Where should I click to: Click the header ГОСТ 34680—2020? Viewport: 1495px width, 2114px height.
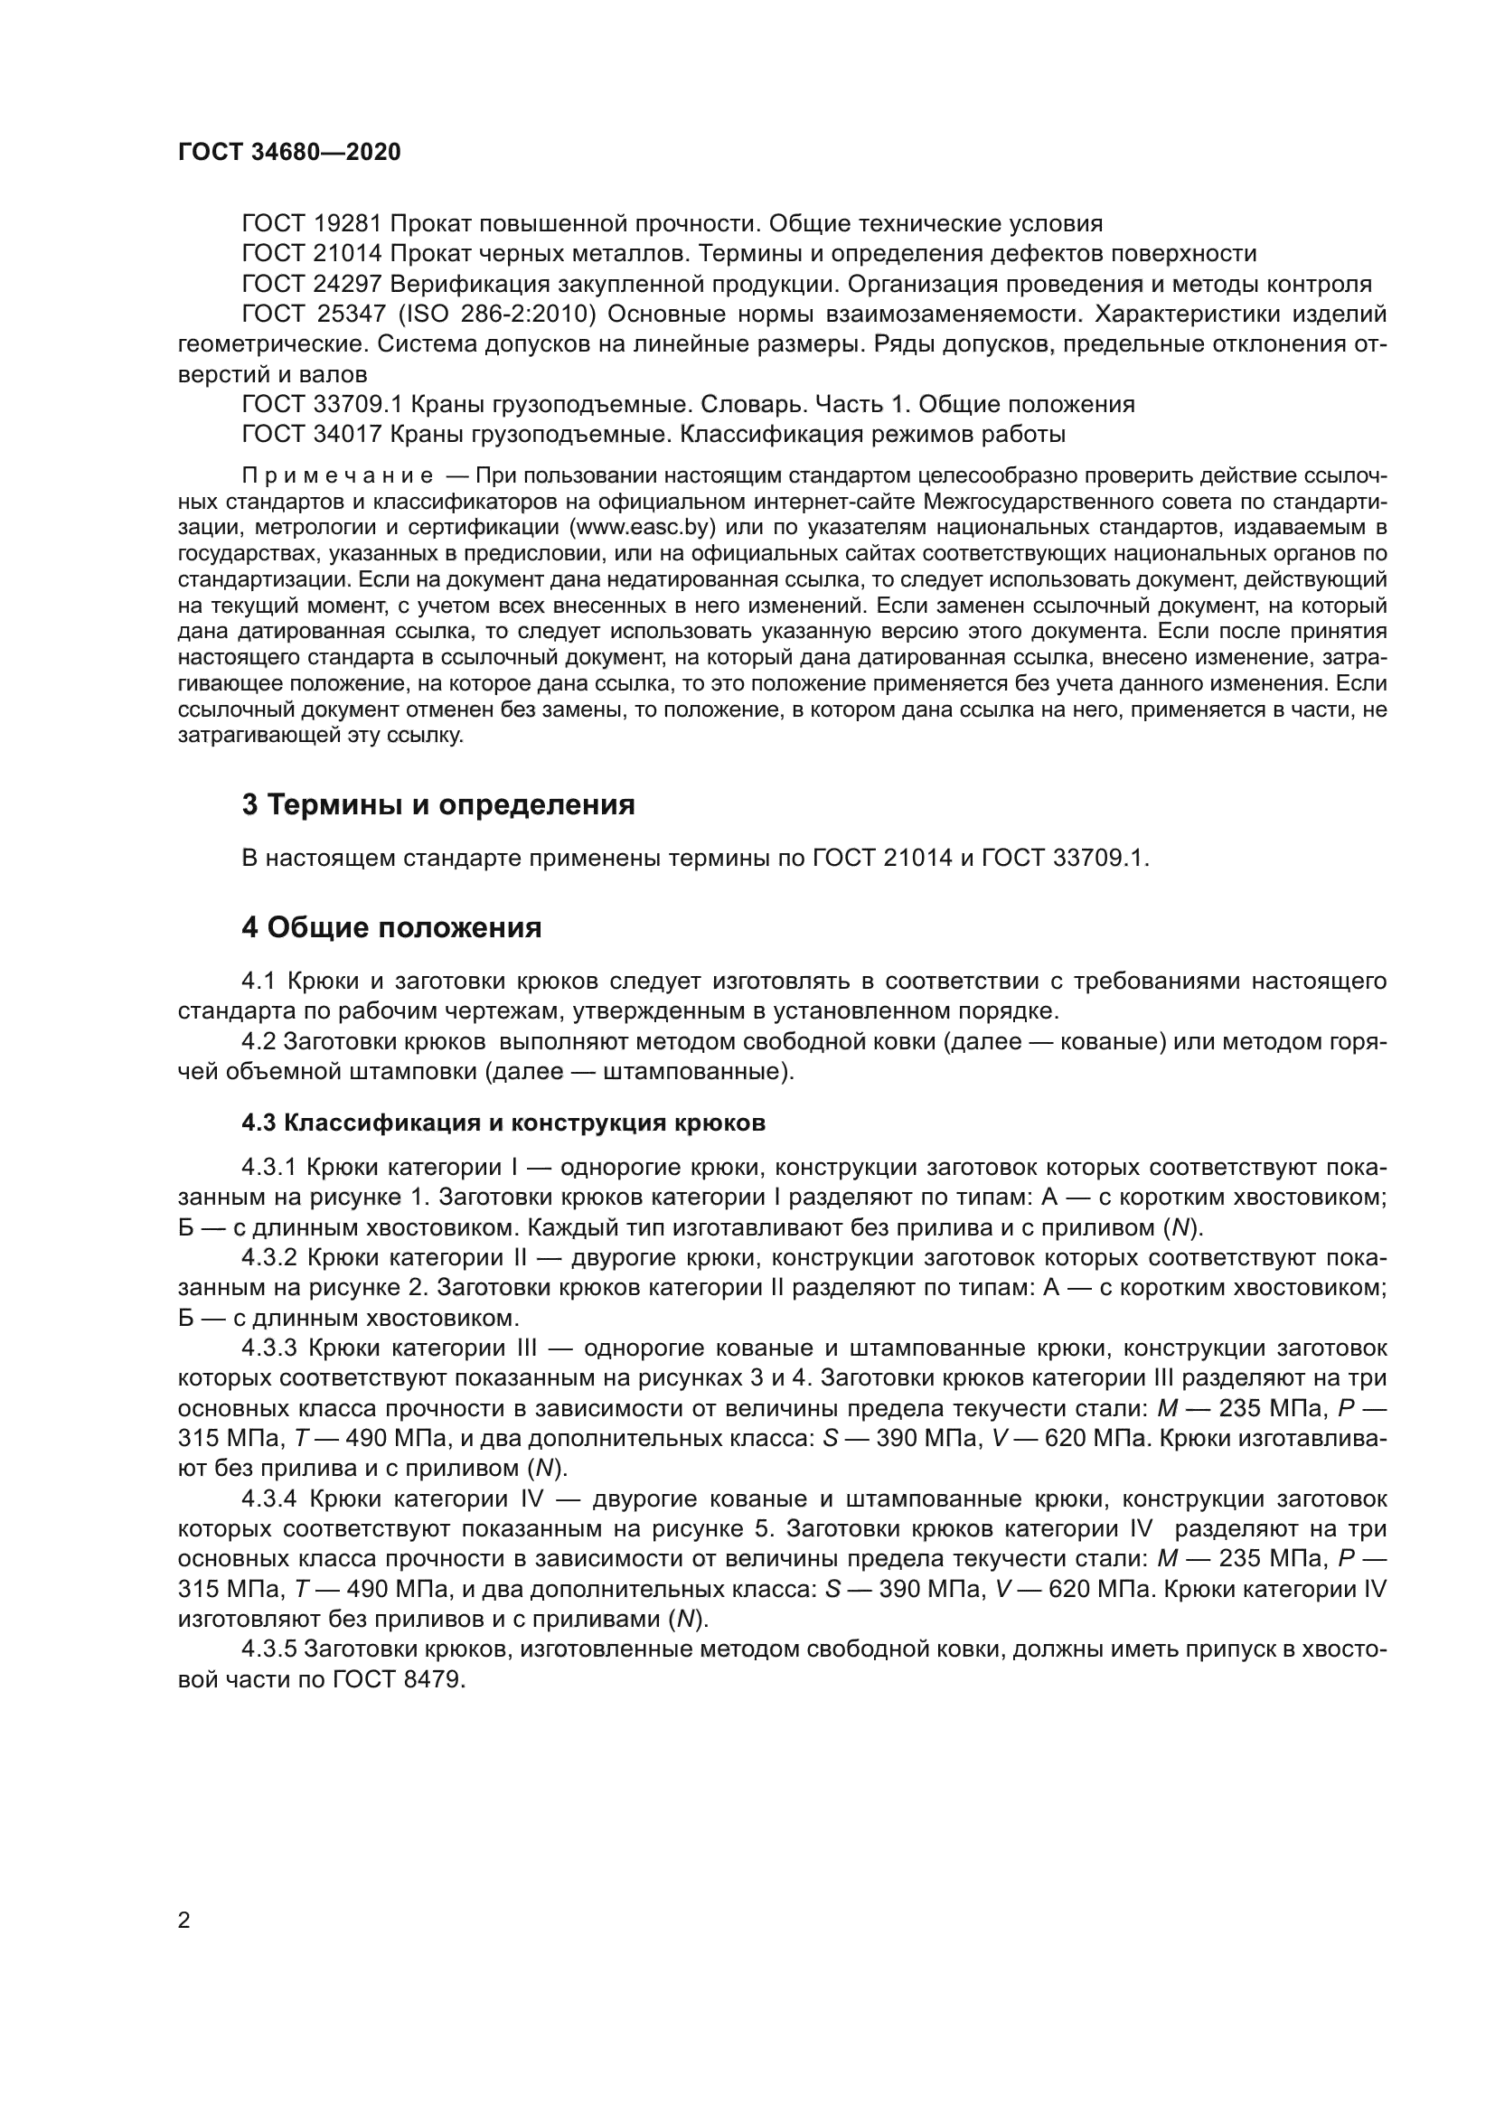tap(289, 153)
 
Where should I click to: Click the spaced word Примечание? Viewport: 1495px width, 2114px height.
tap(338, 476)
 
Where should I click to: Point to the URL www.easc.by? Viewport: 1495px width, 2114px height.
tap(639, 528)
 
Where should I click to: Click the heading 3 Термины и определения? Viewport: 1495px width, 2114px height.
tap(438, 804)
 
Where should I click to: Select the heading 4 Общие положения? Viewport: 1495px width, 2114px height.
tap(391, 927)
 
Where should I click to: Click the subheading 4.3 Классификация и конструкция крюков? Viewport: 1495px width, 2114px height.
tap(503, 1123)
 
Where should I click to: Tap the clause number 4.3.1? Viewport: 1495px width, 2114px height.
tap(268, 1168)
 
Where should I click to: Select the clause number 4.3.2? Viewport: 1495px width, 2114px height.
tap(268, 1258)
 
